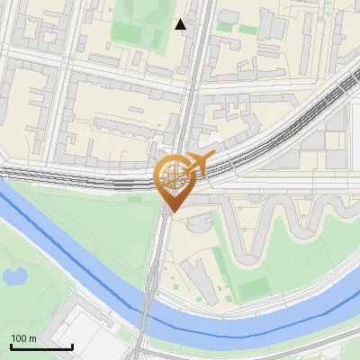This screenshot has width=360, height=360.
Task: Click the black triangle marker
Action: pyautogui.click(x=181, y=24)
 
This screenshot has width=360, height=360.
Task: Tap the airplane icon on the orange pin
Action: pyautogui.click(x=199, y=162)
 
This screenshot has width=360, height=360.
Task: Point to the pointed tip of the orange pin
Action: pyautogui.click(x=171, y=211)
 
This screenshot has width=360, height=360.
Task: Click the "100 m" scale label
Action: pyautogui.click(x=23, y=338)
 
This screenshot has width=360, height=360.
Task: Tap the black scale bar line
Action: pyautogui.click(x=41, y=346)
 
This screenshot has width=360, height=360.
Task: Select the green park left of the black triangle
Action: pyautogui.click(x=135, y=31)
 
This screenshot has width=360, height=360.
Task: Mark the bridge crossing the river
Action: pyautogui.click(x=146, y=301)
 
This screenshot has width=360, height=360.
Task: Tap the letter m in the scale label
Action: pyautogui.click(x=31, y=338)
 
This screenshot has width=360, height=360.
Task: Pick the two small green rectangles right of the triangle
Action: pyautogui.click(x=235, y=26)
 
